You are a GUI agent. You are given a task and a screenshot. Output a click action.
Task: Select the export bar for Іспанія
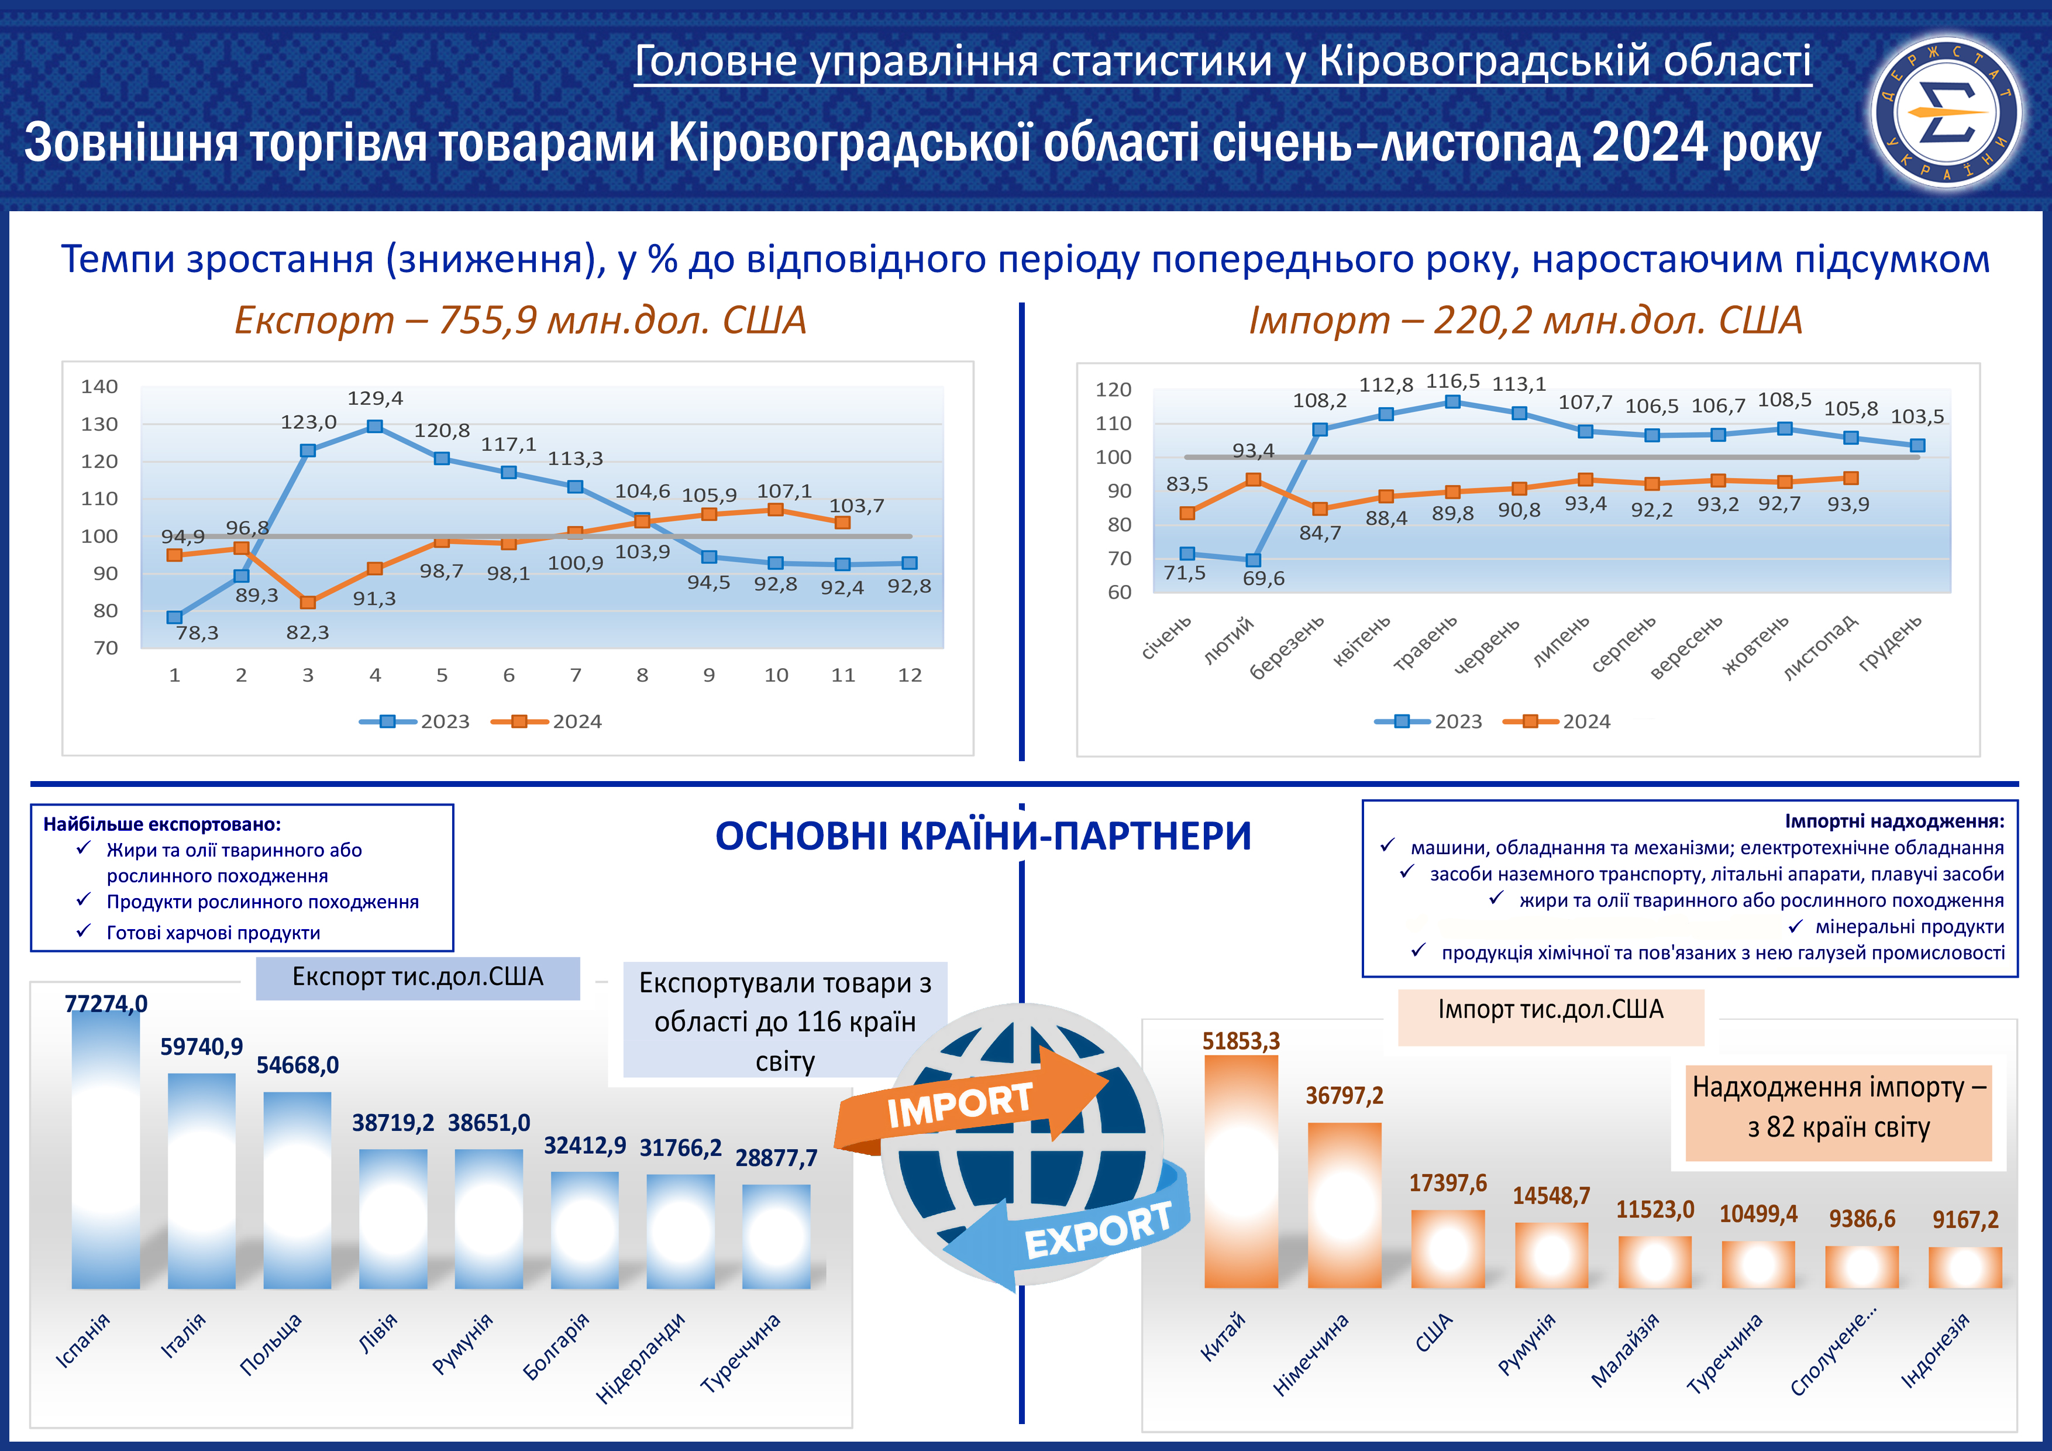[x=105, y=1153]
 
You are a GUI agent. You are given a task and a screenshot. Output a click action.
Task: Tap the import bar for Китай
[x=1241, y=1171]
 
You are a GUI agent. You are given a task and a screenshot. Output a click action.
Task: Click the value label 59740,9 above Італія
[x=201, y=1047]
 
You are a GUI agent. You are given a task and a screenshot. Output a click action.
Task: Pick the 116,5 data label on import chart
[x=1452, y=381]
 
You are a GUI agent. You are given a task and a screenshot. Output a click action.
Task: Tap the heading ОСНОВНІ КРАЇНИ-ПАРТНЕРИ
[x=983, y=837]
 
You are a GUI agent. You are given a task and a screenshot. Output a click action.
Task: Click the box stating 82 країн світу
[x=1838, y=1108]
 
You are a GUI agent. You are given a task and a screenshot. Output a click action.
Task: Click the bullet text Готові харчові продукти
[x=213, y=933]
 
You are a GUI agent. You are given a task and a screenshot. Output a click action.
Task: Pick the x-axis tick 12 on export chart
[x=910, y=676]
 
